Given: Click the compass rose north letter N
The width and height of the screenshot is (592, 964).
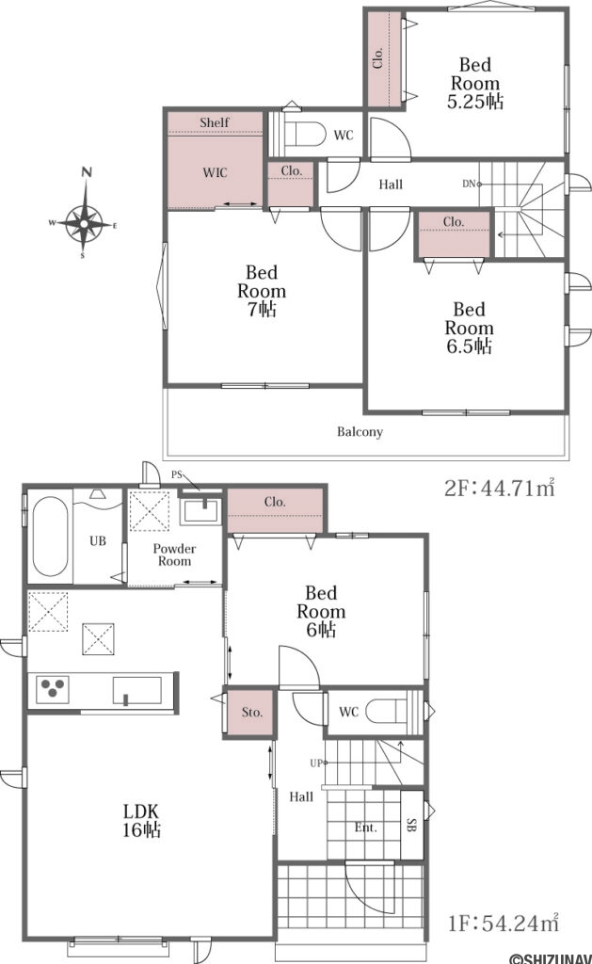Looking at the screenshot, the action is click(88, 172).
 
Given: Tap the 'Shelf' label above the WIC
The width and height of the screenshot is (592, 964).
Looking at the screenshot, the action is click(215, 122).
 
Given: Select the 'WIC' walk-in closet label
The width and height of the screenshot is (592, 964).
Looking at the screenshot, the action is click(216, 173).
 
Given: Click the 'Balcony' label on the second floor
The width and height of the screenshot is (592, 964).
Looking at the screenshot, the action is click(360, 431).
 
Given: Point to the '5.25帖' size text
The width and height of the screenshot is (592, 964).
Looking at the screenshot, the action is click(475, 102).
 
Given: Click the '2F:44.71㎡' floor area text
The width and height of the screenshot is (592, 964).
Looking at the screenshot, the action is click(500, 489).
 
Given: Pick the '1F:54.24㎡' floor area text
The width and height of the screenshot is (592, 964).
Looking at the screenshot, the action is click(504, 923).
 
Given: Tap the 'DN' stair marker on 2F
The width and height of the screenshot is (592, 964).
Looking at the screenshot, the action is click(469, 184).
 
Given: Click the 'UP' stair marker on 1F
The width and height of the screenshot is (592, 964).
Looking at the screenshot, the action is click(316, 763).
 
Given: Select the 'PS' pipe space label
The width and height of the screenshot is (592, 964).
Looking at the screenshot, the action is click(177, 474).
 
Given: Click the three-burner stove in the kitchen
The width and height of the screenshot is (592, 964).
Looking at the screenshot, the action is click(53, 688).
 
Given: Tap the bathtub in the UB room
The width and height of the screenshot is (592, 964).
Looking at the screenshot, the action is click(51, 536).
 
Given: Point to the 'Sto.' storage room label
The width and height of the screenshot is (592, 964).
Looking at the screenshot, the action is click(252, 713).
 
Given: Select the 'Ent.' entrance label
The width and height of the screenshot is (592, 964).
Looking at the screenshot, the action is click(366, 827).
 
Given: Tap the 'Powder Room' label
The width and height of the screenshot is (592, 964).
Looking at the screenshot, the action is click(174, 554).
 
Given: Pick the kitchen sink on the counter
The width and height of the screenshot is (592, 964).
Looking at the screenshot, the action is click(137, 690).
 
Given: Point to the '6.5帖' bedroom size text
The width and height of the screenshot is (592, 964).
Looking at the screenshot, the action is click(469, 346).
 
